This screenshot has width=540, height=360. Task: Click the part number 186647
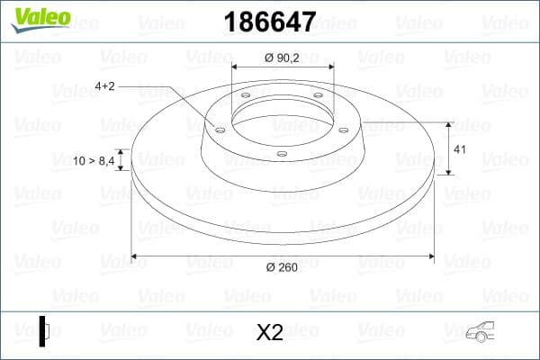click(260, 19)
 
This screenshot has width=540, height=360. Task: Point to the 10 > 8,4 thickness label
click(93, 160)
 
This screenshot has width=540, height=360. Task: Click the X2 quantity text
click(269, 332)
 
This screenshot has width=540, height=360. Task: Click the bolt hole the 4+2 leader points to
click(219, 129)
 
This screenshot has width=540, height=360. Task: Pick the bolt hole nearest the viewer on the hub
click(282, 153)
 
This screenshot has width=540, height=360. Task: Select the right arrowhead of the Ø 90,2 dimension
click(330, 67)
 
